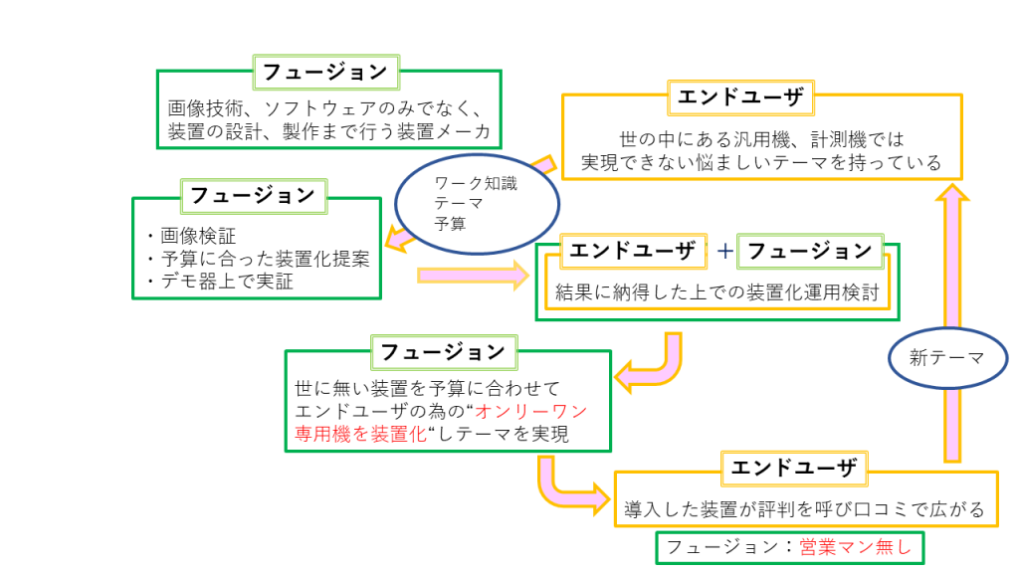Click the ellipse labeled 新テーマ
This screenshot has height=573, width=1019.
click(x=945, y=357)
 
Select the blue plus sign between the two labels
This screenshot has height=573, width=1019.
click(x=725, y=252)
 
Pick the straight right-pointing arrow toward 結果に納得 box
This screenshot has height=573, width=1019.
click(x=473, y=274)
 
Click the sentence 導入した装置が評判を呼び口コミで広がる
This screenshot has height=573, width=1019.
click(x=804, y=510)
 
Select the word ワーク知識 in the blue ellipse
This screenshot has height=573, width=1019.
click(x=477, y=183)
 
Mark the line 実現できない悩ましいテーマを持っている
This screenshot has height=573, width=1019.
click(x=761, y=162)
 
